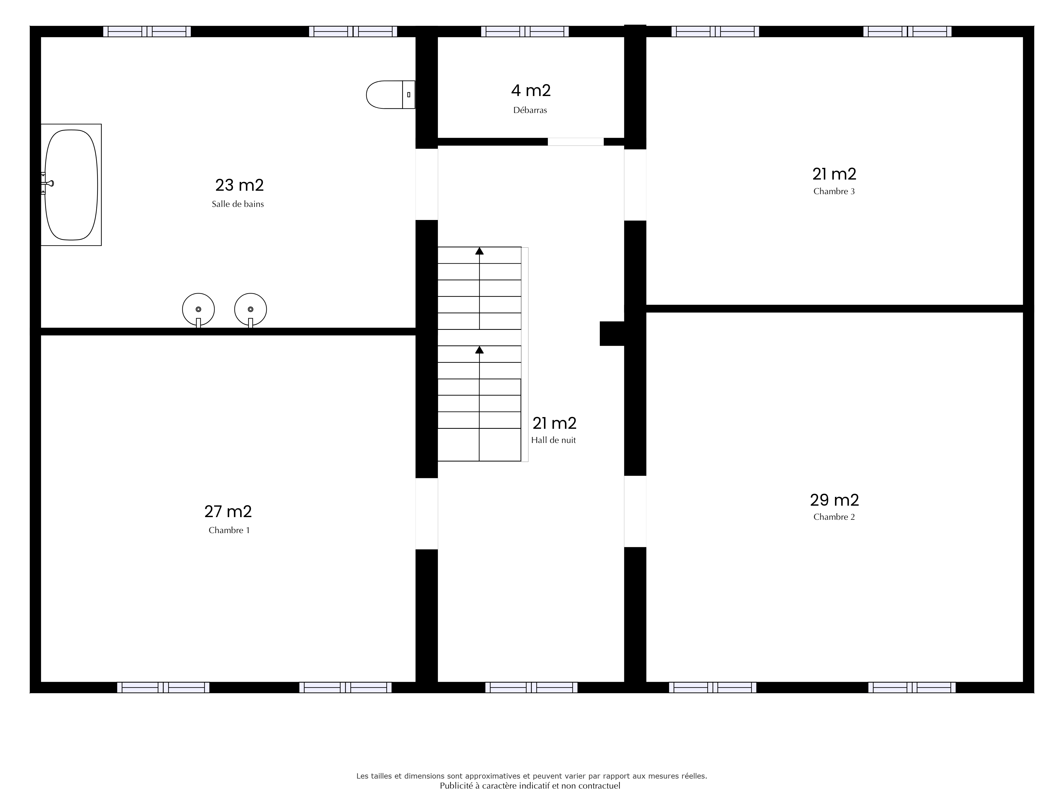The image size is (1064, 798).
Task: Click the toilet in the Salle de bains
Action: point(390,95)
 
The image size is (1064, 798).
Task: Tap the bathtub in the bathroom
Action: point(71,185)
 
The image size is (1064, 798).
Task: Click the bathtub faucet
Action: point(47,183)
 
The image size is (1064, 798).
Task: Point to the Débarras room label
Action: point(530,110)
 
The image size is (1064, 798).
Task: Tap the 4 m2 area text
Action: point(531,90)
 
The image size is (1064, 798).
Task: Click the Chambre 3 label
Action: point(834,192)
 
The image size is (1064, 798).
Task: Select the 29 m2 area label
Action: point(834,500)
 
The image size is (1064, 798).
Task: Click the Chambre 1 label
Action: point(229,531)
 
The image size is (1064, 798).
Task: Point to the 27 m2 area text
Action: point(228,511)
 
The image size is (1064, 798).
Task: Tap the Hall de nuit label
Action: point(553,440)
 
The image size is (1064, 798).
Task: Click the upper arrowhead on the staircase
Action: point(480,251)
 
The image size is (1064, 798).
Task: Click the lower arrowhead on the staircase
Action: point(480,350)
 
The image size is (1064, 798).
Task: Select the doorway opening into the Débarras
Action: point(576,142)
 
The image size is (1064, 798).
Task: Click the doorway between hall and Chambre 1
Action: point(427,514)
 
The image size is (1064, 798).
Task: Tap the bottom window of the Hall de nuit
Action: point(531,687)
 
